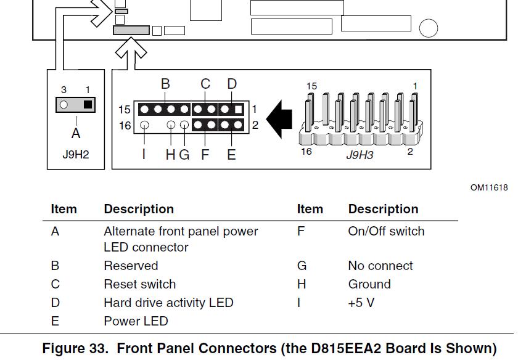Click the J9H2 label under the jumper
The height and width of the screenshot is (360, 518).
75,154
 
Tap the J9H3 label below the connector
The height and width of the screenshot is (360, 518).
360,154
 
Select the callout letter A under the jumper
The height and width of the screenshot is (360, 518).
76,133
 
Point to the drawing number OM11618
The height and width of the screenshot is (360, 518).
489,187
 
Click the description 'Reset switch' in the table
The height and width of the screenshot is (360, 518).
139,284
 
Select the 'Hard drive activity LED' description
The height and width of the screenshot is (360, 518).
168,303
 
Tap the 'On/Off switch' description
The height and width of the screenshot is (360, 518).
386,231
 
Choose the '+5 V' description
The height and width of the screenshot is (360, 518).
361,303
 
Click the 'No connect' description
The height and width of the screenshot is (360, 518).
380,266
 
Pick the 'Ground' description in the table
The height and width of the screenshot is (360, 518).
369,284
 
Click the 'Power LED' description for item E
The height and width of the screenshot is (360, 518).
136,321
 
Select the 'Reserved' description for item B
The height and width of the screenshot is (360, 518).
131,266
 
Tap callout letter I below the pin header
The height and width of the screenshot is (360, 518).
144,154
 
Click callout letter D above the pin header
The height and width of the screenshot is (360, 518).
232,84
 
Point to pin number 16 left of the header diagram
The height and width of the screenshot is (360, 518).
125,126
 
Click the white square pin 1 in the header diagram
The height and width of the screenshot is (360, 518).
238,110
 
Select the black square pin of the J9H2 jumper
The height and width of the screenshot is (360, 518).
88,104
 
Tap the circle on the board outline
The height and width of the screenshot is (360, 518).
428,28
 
